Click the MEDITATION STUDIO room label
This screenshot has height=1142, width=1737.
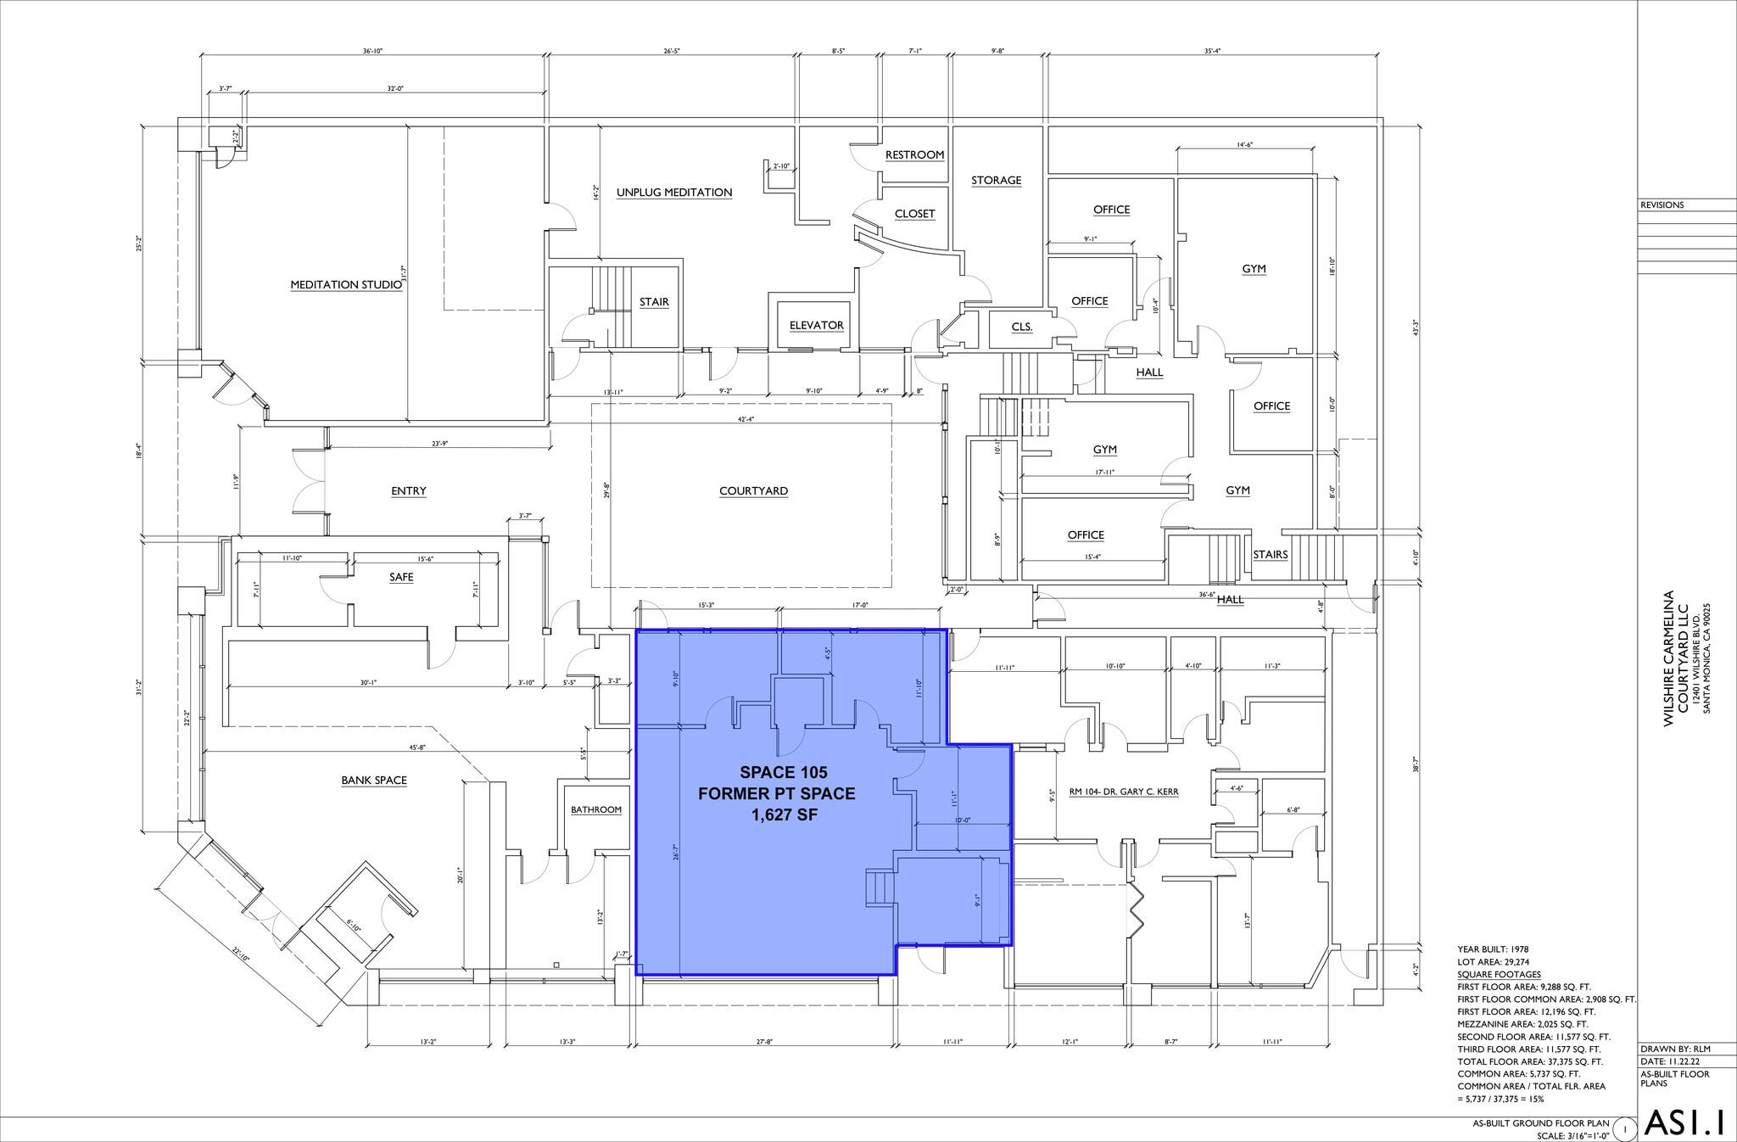click(x=346, y=285)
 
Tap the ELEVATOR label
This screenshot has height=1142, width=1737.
click(x=816, y=326)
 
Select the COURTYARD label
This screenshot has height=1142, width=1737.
click(x=753, y=491)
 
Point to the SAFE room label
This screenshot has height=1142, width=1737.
click(x=401, y=578)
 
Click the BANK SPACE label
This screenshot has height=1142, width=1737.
click(x=374, y=781)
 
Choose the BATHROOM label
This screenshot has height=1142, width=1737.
click(x=595, y=810)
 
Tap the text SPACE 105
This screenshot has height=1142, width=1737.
click(x=783, y=773)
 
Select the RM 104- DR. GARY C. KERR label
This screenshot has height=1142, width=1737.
click(x=1123, y=792)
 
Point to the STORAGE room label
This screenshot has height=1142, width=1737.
click(x=996, y=181)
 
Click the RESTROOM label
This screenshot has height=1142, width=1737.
click(x=914, y=155)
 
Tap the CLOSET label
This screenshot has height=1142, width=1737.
click(x=914, y=214)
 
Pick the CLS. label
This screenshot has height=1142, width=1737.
click(x=1021, y=327)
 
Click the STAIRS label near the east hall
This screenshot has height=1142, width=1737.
click(x=1270, y=555)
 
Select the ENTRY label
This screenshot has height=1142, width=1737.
click(x=408, y=491)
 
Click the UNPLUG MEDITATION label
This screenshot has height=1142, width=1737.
click(x=673, y=193)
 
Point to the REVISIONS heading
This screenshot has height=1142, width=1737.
click(x=1662, y=205)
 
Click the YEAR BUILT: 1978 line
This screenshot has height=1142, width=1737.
click(x=1493, y=949)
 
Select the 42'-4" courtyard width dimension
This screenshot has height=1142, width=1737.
click(x=746, y=419)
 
